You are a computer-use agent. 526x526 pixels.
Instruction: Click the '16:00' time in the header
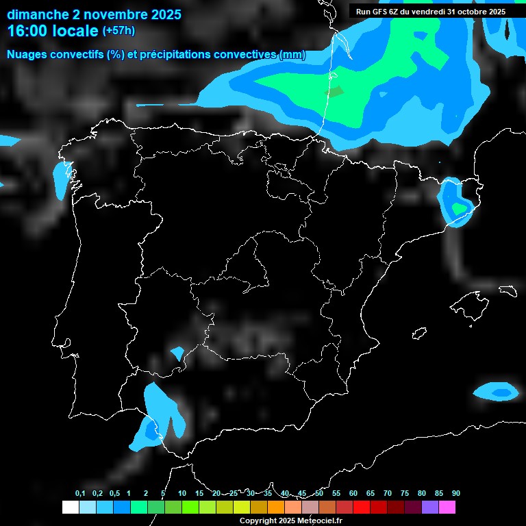[27, 31]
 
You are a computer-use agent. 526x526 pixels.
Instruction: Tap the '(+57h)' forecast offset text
[118, 31]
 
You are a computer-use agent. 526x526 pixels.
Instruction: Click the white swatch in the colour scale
[70, 508]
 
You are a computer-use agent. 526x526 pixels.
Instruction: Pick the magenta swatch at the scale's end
[447, 508]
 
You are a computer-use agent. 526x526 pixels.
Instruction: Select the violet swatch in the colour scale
[430, 508]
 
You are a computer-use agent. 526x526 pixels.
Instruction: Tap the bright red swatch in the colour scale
[362, 508]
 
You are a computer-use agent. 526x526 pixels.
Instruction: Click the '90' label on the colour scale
[456, 494]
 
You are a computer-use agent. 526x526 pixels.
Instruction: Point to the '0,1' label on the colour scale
[80, 494]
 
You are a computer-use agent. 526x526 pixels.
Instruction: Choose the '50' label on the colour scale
[319, 494]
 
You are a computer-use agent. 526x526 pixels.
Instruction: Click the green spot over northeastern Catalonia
[457, 208]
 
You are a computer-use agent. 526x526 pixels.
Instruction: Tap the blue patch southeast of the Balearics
[498, 392]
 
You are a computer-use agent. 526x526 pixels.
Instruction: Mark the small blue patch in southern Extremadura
[177, 353]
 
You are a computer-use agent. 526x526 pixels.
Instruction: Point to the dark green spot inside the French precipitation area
[334, 91]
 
